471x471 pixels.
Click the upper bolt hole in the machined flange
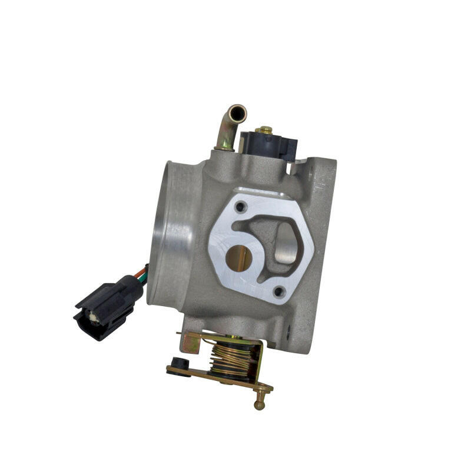pos(240,207)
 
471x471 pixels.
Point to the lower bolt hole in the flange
pos(280,290)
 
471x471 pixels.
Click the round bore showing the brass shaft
pos(238,258)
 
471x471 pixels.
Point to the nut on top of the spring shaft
pos(235,337)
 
